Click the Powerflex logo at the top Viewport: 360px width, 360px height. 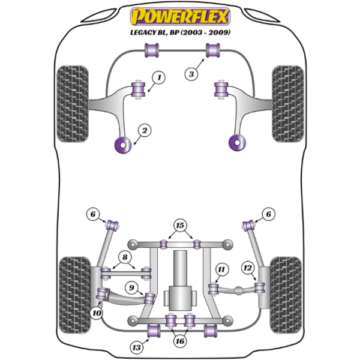[x=180, y=14]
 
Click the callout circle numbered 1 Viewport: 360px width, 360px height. [x=159, y=77]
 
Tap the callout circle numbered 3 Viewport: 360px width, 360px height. [x=191, y=74]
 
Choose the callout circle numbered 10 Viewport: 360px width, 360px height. [x=96, y=312]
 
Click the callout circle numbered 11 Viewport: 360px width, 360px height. [x=221, y=271]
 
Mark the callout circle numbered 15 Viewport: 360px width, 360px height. [x=179, y=226]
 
